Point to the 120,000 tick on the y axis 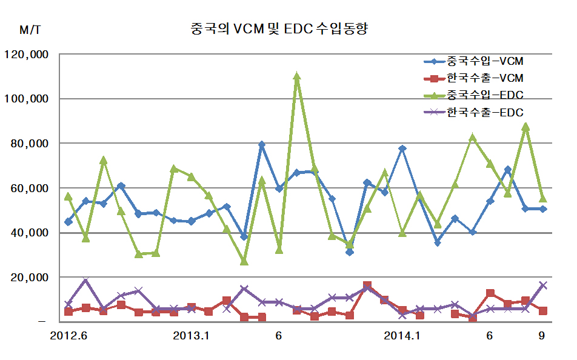(x=27, y=54)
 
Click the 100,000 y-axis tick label (x=27, y=99)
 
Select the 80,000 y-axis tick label (x=30, y=144)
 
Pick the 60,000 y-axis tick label (x=30, y=188)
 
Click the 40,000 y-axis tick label (x=30, y=233)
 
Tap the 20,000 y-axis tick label (x=30, y=278)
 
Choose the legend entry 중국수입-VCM (x=485, y=61)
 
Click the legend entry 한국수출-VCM (x=485, y=78)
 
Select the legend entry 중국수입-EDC (x=485, y=95)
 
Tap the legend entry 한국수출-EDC (x=485, y=112)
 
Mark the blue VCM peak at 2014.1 (x=402, y=148)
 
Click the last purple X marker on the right (x=543, y=285)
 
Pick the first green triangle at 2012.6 (x=68, y=196)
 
